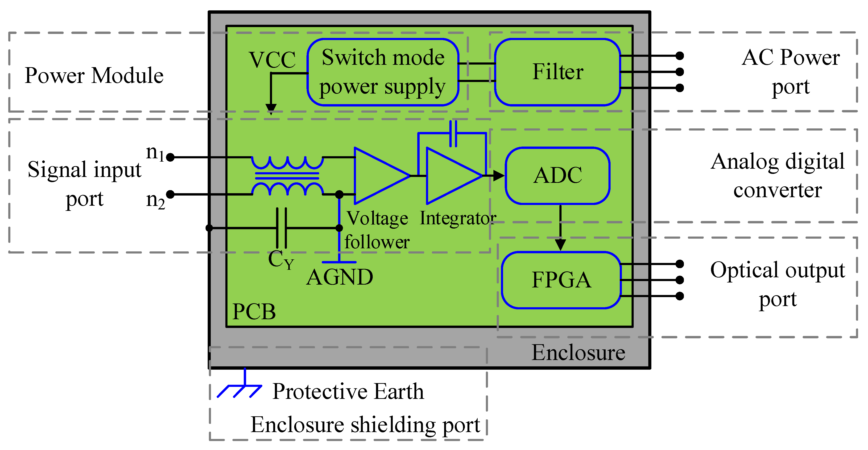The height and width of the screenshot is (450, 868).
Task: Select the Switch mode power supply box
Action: pos(383,72)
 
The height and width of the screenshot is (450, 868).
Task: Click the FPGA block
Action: pos(561,280)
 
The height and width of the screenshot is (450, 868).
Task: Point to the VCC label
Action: pos(272,60)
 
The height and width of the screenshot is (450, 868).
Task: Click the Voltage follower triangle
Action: pos(377,176)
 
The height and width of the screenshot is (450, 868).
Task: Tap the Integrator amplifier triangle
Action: pos(450,176)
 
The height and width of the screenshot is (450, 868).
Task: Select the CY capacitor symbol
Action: pos(281,228)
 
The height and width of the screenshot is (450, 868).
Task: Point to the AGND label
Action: pos(340,277)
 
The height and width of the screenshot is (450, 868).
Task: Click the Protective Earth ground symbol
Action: pos(241,387)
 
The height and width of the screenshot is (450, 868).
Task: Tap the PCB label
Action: pos(254,311)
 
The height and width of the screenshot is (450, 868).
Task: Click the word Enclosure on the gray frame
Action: pos(578,353)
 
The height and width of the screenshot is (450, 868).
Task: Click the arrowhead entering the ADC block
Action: pos(498,176)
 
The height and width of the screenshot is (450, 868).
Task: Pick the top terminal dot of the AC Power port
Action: pos(680,56)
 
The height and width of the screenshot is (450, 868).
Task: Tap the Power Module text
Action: pos(94,75)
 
